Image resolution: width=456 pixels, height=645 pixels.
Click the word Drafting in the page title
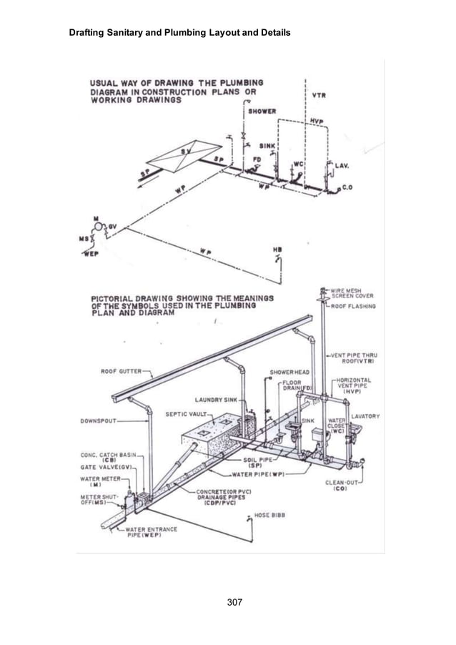(x=88, y=33)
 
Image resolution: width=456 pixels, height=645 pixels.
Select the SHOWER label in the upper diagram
(x=262, y=112)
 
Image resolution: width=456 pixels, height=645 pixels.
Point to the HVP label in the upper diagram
(x=318, y=122)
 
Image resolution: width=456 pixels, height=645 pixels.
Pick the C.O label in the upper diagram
(x=347, y=187)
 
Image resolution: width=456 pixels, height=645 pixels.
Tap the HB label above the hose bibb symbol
(x=277, y=250)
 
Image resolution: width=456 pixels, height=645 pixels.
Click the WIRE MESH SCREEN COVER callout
(x=351, y=292)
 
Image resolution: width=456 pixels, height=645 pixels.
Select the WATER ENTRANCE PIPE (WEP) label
(x=138, y=532)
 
